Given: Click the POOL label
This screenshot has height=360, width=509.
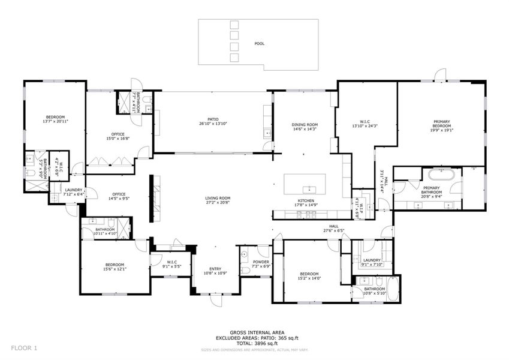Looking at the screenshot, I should [x=259, y=43].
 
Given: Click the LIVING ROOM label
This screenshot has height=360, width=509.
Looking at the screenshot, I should [x=218, y=198].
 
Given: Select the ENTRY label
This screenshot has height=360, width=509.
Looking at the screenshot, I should [x=215, y=269].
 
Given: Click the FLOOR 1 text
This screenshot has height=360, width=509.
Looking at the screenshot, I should [x=24, y=347].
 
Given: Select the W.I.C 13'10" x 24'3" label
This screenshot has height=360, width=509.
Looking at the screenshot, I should [x=365, y=124].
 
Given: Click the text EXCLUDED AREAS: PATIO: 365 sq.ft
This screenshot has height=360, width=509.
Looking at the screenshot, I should [x=257, y=337].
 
